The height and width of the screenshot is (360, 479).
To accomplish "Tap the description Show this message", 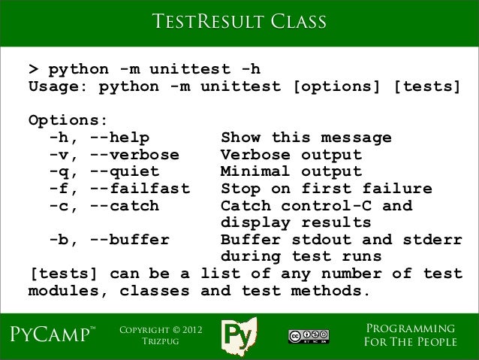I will [x=306, y=138].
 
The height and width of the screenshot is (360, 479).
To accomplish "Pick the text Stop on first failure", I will [x=326, y=188].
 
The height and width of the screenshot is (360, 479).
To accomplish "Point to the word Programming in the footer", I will [x=409, y=329].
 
